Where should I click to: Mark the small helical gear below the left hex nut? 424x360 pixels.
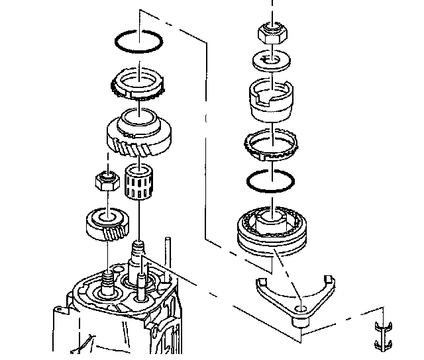[x=106, y=225]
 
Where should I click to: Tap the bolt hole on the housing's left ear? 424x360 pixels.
[x=58, y=307]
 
